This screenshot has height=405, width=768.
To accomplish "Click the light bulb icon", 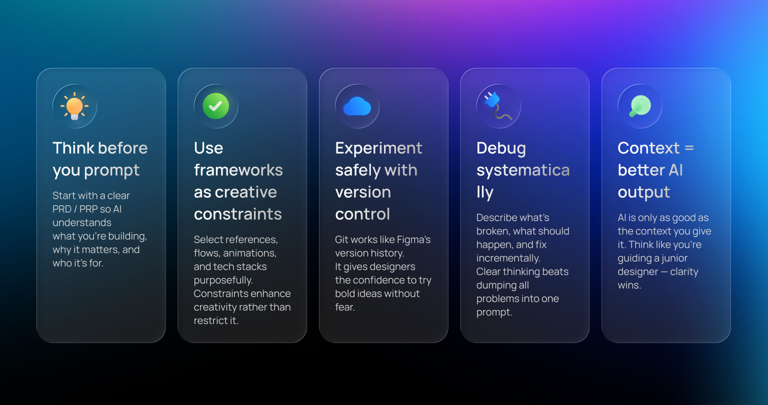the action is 74,106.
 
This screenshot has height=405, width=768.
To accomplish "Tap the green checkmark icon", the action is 215,106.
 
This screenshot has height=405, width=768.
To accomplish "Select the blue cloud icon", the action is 357,106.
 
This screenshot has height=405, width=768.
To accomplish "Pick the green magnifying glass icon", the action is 640,106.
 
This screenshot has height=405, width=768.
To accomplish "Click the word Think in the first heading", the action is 73,148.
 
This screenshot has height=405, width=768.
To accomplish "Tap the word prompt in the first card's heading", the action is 112,171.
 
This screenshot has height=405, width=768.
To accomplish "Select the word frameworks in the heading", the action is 238,170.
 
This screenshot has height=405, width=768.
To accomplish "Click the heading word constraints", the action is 238,214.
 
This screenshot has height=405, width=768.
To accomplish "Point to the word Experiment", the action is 378,149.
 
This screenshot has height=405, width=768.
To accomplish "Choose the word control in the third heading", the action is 362,214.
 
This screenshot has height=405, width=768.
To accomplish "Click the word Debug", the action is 501,149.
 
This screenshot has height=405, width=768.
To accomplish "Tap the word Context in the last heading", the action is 648,148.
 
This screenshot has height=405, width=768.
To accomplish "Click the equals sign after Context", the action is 689,148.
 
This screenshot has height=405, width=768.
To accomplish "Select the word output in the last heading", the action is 643,193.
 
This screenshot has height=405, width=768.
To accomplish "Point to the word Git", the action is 341,240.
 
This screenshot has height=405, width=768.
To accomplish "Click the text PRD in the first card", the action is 61,209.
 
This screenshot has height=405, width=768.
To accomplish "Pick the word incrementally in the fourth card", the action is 508,258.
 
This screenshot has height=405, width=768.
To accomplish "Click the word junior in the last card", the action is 673,259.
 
